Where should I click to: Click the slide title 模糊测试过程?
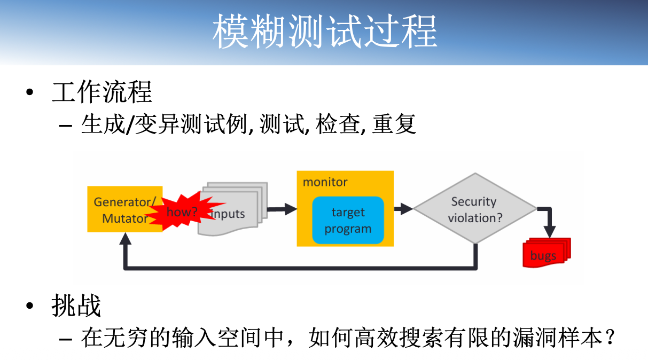click(x=324, y=32)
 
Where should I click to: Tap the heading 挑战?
click(x=76, y=306)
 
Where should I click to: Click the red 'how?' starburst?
click(x=182, y=212)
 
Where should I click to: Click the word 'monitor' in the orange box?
click(x=325, y=182)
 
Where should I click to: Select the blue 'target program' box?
click(x=348, y=221)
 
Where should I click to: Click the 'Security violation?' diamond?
click(x=474, y=209)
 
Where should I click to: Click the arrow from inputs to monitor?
click(x=282, y=209)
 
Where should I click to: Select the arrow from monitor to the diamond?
click(x=403, y=209)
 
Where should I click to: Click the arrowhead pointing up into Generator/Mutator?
click(x=125, y=239)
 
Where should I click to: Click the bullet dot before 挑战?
click(x=30, y=306)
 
